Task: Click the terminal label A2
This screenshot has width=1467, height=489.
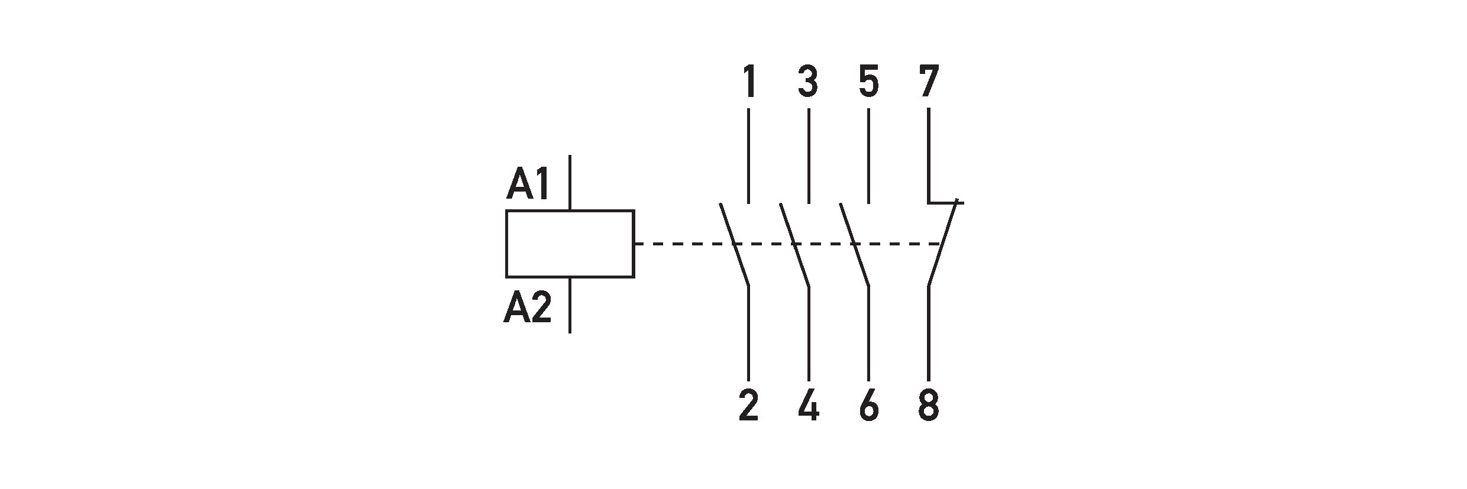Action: tap(528, 308)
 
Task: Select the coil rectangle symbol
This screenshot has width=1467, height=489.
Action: tap(570, 243)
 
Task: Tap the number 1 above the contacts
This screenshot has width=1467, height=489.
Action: tap(749, 82)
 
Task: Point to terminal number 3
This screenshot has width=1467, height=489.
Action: tap(808, 82)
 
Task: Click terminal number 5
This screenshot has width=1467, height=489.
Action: tap(868, 82)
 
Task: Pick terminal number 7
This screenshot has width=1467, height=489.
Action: tap(929, 82)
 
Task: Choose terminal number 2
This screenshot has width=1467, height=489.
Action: tap(748, 406)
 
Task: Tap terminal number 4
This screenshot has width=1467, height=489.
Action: tap(808, 406)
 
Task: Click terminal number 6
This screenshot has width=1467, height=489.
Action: tap(868, 406)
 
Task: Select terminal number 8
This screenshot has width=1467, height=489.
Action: tap(929, 406)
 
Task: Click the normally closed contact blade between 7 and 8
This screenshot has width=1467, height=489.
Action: tap(943, 244)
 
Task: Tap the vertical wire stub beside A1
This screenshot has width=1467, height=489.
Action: tap(570, 182)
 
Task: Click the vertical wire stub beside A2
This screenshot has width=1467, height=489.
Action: tap(570, 305)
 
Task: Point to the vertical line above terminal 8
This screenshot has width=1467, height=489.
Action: tap(929, 333)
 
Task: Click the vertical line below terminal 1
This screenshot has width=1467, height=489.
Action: tap(749, 155)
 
